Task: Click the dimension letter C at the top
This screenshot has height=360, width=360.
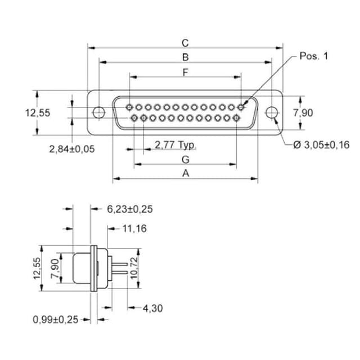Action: (x=184, y=43)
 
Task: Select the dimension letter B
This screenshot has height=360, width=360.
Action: (x=184, y=56)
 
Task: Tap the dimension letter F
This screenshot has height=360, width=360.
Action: (x=184, y=71)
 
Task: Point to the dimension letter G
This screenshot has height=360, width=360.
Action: (x=185, y=159)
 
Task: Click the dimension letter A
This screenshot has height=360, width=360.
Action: (x=185, y=174)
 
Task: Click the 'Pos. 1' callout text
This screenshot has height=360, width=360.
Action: (x=313, y=56)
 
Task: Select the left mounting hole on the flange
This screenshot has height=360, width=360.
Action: (x=98, y=112)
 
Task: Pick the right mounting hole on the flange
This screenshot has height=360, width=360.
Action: (x=272, y=112)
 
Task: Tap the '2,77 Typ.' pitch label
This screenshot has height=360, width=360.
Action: (x=175, y=145)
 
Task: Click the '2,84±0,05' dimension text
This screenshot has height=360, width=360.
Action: (x=72, y=148)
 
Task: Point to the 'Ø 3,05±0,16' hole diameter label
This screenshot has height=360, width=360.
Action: (x=322, y=145)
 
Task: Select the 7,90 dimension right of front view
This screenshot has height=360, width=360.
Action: (x=303, y=112)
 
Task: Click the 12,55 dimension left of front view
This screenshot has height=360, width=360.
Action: (x=37, y=112)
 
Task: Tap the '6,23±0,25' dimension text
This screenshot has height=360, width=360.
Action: (x=130, y=209)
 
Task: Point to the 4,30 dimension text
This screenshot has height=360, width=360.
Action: (x=153, y=308)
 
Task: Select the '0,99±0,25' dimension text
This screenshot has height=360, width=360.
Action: (x=55, y=319)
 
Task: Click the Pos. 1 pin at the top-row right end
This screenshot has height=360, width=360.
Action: (x=242, y=106)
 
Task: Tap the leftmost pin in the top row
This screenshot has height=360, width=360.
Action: (x=130, y=106)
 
